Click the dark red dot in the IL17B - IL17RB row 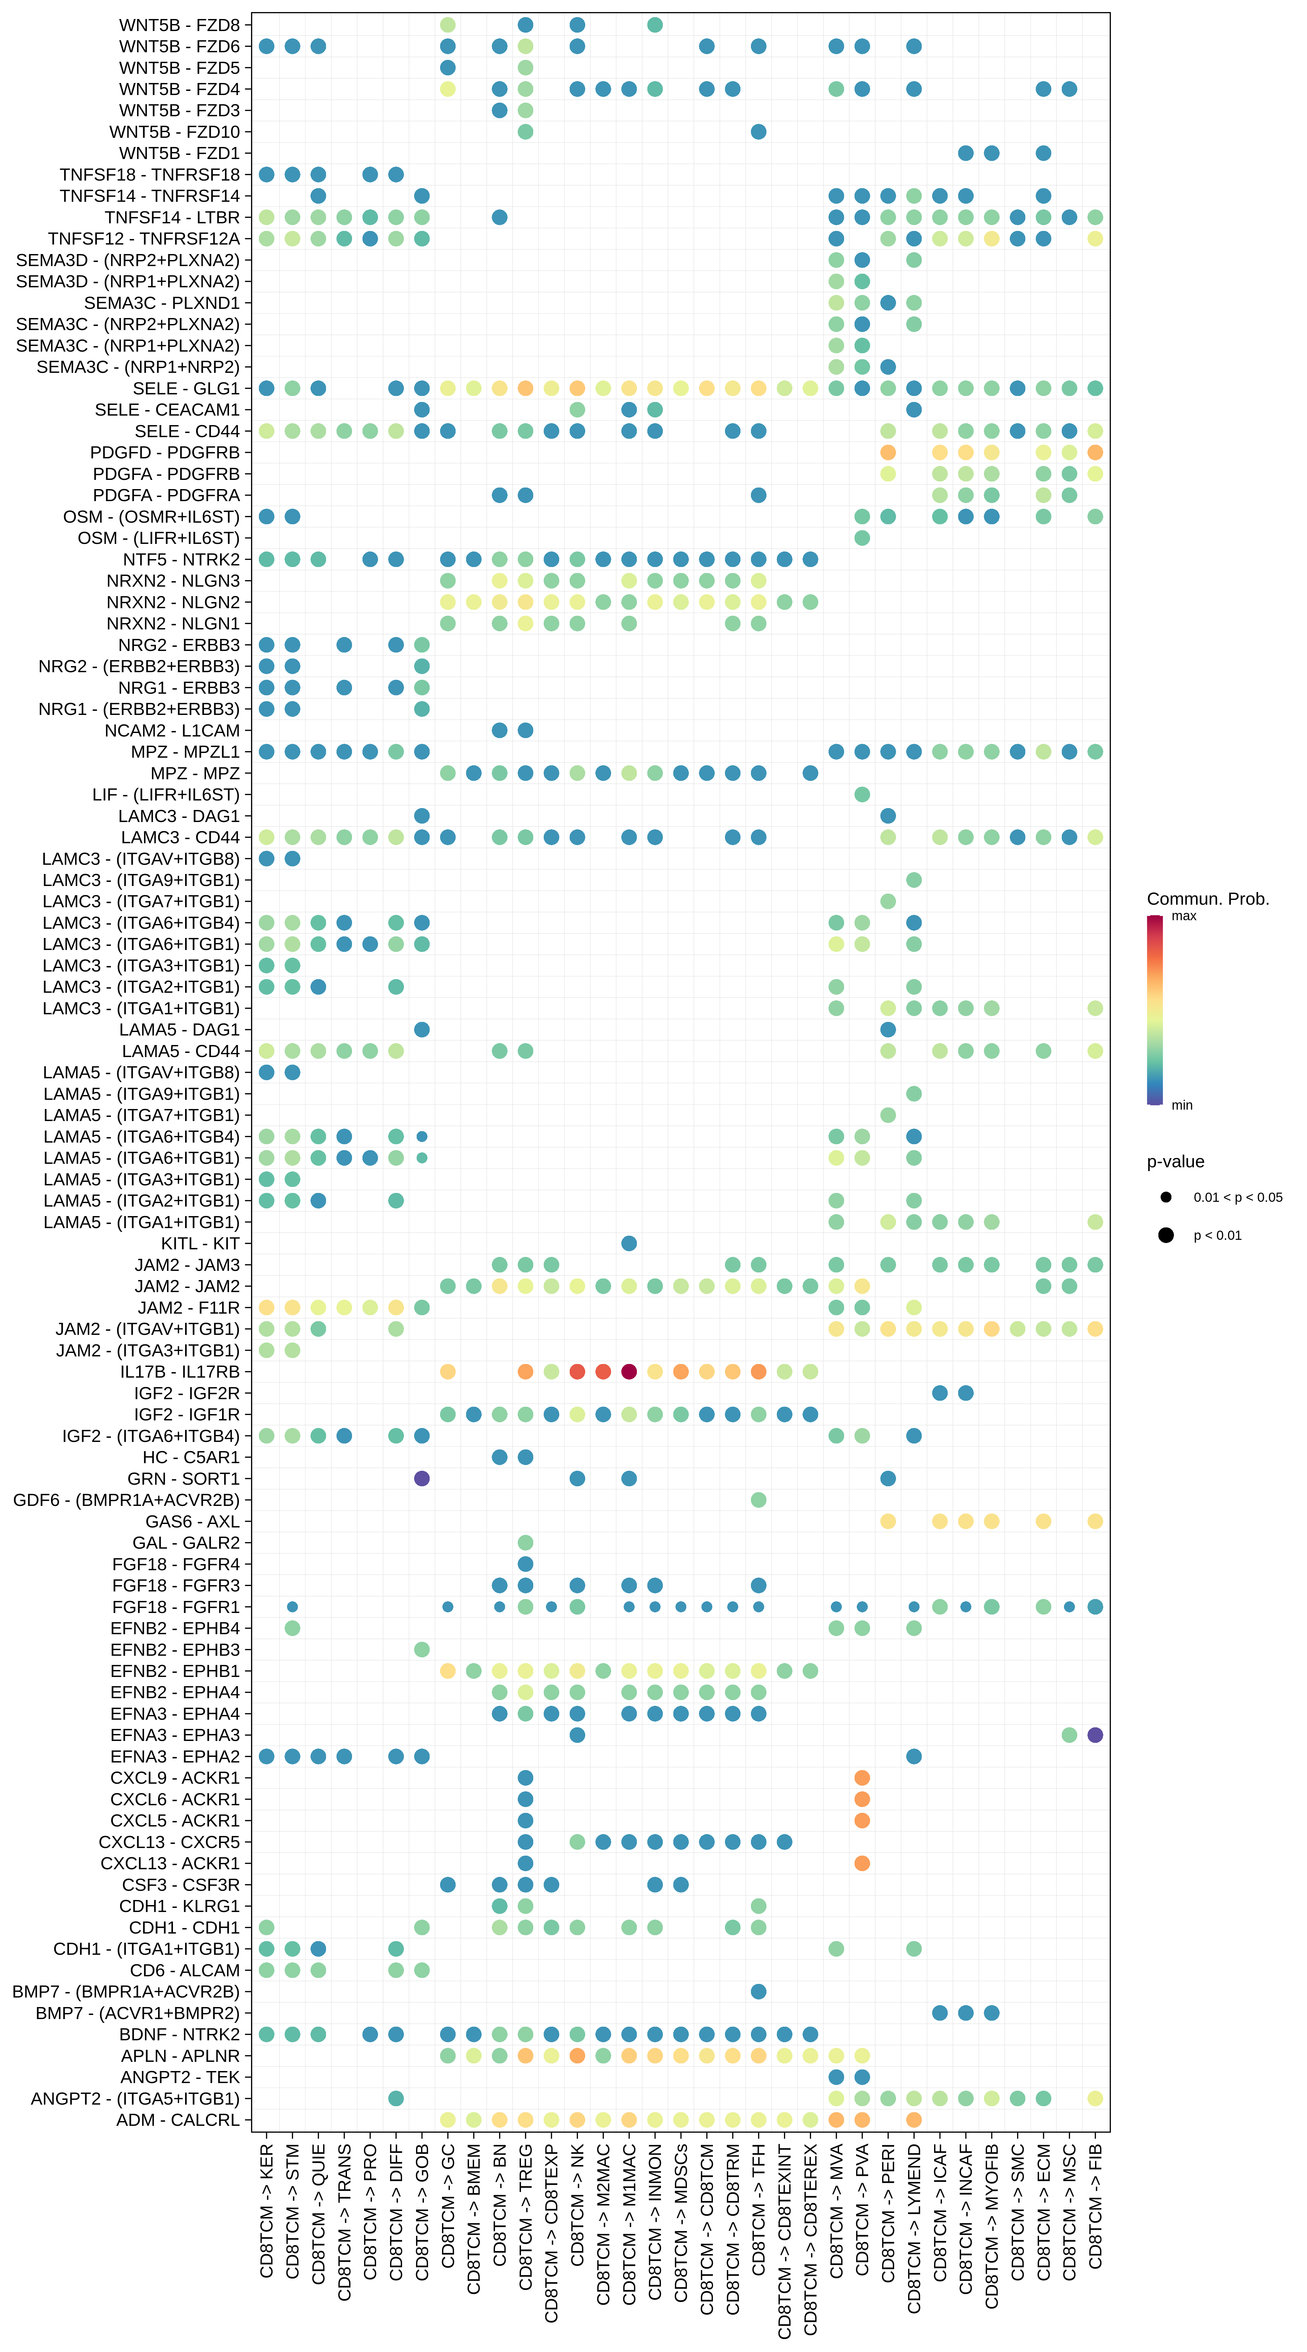pos(628,1371)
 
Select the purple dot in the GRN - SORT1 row pos(421,1478)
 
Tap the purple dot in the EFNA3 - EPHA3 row pos(1095,1735)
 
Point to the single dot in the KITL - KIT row pos(628,1244)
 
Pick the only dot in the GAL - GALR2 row pos(525,1542)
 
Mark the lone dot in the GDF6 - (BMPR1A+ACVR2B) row pos(758,1500)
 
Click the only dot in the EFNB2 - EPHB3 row pos(421,1649)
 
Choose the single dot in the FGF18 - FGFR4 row pos(525,1564)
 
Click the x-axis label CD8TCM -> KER pos(267,2209)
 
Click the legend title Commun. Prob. pos(1208,899)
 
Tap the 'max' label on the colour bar pos(1184,916)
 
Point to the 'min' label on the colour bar pos(1182,1105)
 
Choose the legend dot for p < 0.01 pos(1165,1235)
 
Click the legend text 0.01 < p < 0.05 pos(1238,1197)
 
